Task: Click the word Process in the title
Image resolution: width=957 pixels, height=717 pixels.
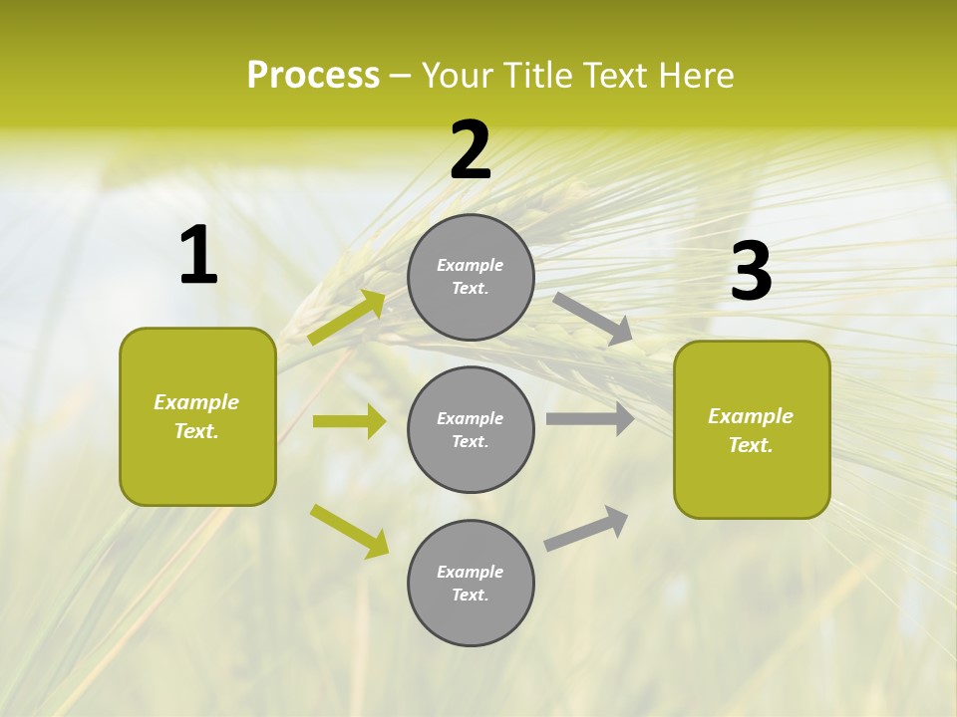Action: (313, 76)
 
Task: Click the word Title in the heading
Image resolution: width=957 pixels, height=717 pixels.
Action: (536, 76)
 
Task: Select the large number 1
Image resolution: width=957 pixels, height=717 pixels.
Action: (198, 256)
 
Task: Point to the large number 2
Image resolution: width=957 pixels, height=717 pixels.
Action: (471, 150)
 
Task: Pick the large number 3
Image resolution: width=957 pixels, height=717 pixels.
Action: (751, 272)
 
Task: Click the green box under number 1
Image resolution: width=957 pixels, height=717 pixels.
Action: (197, 416)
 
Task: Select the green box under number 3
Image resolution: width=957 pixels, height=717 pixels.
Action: (752, 429)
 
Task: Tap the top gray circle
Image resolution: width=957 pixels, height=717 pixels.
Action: (471, 277)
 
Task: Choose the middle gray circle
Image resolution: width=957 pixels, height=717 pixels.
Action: (471, 430)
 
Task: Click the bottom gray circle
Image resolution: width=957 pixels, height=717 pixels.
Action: (471, 584)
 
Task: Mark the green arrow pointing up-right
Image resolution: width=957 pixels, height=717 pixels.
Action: (347, 317)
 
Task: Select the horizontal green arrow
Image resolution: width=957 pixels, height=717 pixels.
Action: (349, 421)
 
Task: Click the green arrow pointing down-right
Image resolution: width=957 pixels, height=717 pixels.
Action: (350, 531)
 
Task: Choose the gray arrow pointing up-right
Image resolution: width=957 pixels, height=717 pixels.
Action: (586, 528)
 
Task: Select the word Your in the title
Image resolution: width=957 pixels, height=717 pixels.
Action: (458, 76)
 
